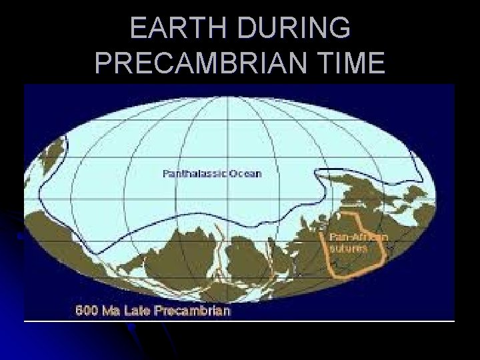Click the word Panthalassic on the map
pos(195,173)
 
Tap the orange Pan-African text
pos(356,237)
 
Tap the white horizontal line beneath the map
pos(240,321)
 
